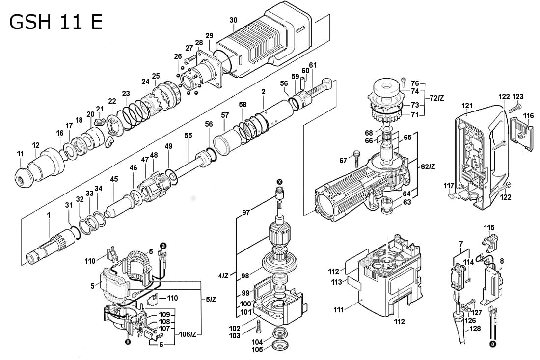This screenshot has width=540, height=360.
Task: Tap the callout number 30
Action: pyautogui.click(x=233, y=20)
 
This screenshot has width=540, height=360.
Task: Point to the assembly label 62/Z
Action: pyautogui.click(x=428, y=167)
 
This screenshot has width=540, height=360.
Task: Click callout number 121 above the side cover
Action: pyautogui.click(x=467, y=105)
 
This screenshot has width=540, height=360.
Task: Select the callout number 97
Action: pyautogui.click(x=245, y=213)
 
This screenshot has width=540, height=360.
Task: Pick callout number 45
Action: pyautogui.click(x=114, y=180)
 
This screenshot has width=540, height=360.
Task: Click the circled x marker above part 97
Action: pyautogui.click(x=279, y=182)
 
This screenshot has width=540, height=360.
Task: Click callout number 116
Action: pyautogui.click(x=528, y=116)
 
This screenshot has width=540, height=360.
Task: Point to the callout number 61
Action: pyautogui.click(x=313, y=65)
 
